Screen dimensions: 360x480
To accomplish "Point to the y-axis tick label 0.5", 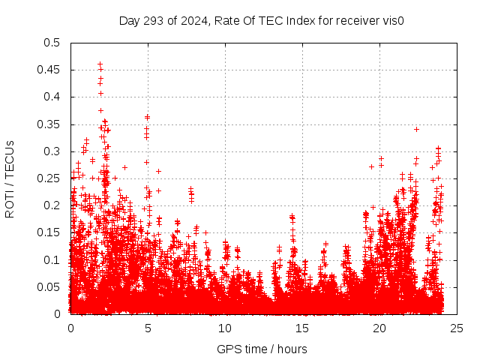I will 53,43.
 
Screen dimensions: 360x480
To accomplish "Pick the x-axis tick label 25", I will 457,328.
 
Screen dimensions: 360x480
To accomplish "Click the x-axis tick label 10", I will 225,328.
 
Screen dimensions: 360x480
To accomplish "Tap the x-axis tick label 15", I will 302,328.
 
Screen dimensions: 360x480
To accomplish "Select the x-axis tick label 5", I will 148,328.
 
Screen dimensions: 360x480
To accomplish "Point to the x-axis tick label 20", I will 379,328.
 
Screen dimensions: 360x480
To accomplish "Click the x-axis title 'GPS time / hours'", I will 262,349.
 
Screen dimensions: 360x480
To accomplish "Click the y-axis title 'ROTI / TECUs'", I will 10,178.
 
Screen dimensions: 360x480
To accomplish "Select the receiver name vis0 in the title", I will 394,20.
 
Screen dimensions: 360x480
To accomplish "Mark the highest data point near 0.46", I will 100,64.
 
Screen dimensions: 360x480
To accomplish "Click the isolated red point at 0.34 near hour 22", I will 416,129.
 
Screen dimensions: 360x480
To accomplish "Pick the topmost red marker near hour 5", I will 147,116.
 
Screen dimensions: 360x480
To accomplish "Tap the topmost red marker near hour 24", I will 438,148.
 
